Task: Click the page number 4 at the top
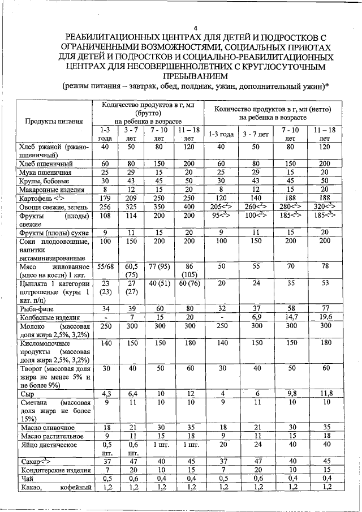coord(195,29)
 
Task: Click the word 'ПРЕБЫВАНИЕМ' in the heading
coord(195,75)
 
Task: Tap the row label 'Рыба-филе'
coord(35,308)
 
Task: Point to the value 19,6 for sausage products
coord(325,317)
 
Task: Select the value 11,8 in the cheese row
coord(325,393)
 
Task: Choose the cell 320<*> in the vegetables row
coord(325,207)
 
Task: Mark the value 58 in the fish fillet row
coord(290,308)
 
